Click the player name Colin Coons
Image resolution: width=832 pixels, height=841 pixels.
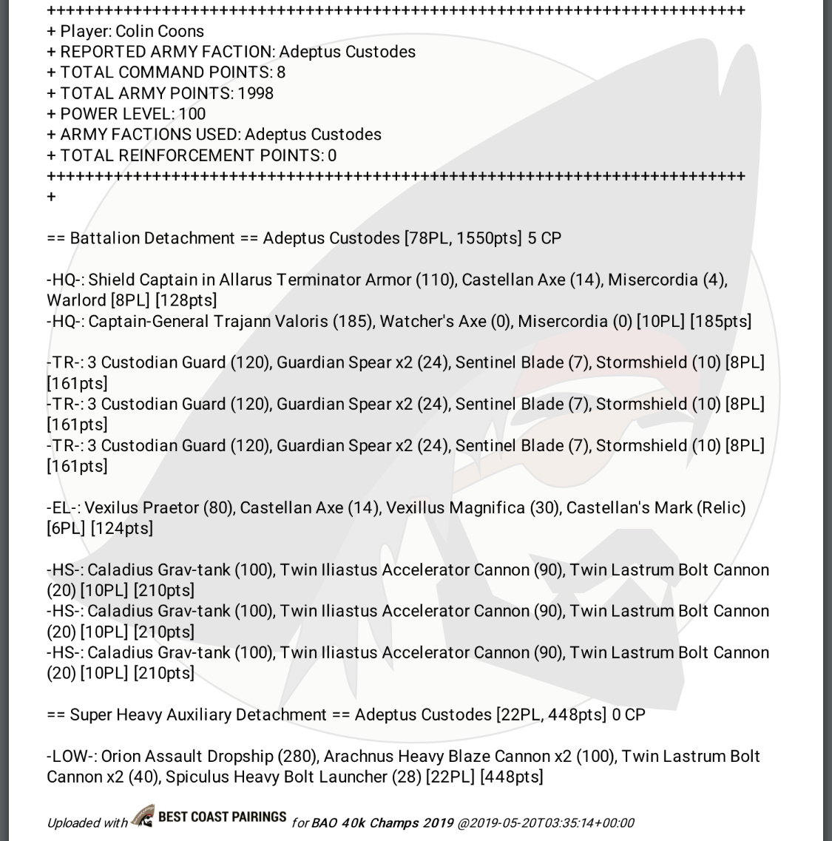click(160, 31)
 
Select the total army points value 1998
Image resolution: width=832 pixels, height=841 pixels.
click(255, 93)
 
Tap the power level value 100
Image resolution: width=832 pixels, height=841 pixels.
click(192, 114)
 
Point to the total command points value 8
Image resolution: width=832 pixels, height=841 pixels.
click(281, 72)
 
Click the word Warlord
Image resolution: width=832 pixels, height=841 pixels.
click(76, 300)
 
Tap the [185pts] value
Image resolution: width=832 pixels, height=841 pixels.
click(721, 321)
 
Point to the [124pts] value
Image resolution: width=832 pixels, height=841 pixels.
click(122, 528)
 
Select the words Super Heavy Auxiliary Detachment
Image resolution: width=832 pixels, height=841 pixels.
click(198, 715)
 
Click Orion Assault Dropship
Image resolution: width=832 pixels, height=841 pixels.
click(187, 756)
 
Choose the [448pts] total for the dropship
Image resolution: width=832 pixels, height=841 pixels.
click(512, 777)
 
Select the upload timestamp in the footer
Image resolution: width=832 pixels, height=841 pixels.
click(547, 823)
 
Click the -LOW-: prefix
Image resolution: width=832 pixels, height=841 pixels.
click(71, 756)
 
